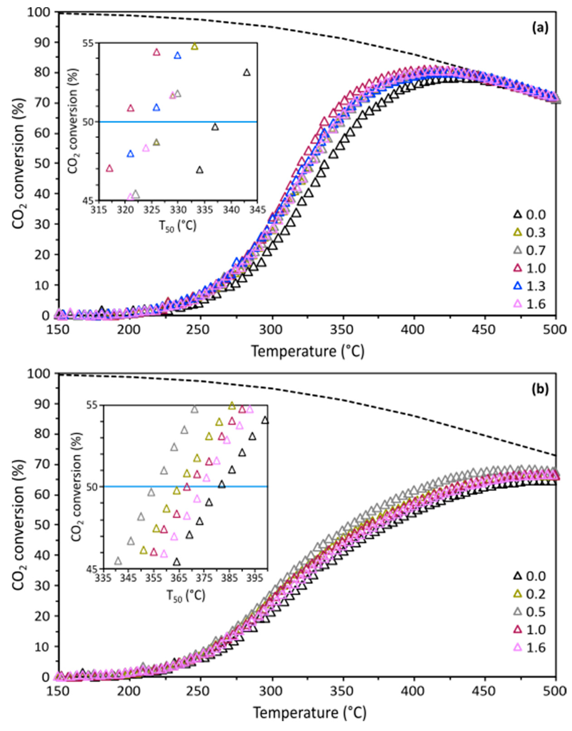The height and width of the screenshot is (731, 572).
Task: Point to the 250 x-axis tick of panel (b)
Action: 200,691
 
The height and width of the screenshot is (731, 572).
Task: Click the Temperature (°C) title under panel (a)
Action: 307,352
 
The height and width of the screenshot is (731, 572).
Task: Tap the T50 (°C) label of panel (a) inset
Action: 178,227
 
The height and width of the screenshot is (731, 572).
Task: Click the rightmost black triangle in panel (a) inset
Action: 247,72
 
